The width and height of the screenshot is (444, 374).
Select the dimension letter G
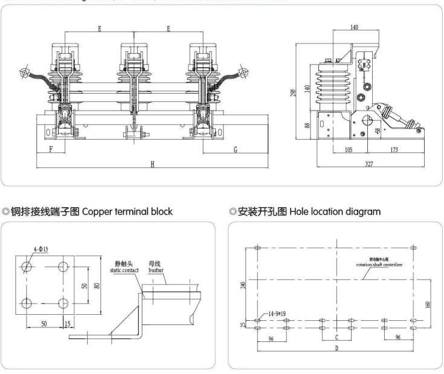(x=235, y=149)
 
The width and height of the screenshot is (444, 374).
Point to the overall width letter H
(x=152, y=164)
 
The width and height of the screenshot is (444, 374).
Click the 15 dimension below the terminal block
(x=68, y=324)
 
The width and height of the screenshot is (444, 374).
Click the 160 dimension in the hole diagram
(x=426, y=304)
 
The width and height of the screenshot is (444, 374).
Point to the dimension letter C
(x=336, y=337)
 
